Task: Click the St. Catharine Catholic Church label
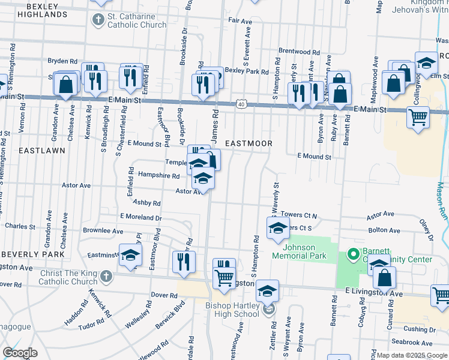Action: point(137,21)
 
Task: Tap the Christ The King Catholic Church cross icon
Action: point(106,277)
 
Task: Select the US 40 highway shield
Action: point(241,104)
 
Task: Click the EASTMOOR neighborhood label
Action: point(249,143)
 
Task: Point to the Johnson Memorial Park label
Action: point(299,251)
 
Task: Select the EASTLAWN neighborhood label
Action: point(41,151)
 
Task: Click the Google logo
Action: point(20,353)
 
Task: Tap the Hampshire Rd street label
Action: point(159,176)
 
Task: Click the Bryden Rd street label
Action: point(63,61)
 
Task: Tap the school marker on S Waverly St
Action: point(278,228)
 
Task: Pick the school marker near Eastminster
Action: point(130,255)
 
